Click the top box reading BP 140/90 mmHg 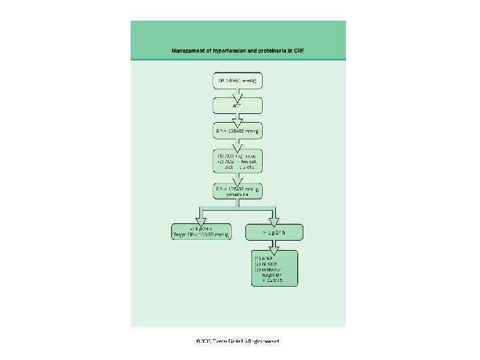[237, 81]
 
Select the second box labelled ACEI [237, 105]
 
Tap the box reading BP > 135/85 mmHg [237, 131]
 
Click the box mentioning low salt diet [237, 161]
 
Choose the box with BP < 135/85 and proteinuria [237, 192]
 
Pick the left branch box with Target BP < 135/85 [201, 231]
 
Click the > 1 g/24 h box [275, 232]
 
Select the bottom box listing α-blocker [275, 268]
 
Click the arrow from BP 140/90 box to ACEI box [237, 93]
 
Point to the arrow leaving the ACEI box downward [237, 118]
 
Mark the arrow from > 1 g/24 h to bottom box [275, 245]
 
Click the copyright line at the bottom [238, 341]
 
